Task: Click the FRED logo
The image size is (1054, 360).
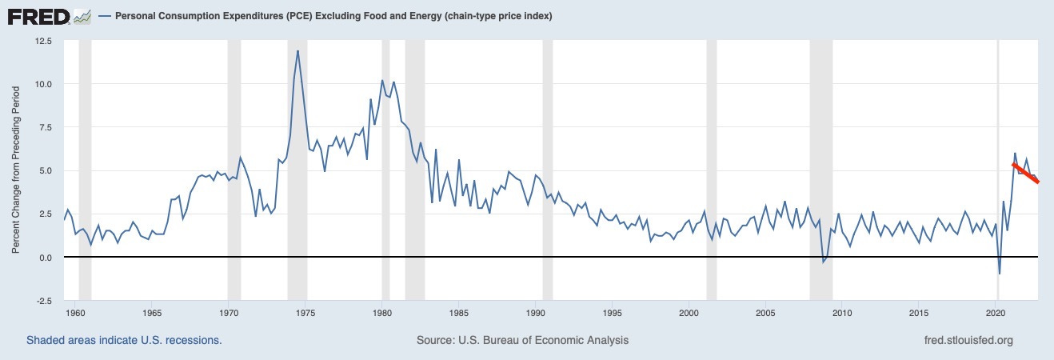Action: (x=37, y=16)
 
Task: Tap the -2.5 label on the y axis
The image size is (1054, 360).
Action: (x=42, y=301)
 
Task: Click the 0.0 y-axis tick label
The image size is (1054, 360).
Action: (x=45, y=258)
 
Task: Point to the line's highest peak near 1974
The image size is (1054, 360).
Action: (x=298, y=51)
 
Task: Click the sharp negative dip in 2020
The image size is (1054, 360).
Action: (x=1000, y=274)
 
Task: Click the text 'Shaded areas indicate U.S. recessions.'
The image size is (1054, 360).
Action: (x=124, y=341)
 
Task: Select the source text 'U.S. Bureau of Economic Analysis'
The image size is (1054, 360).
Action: (x=545, y=341)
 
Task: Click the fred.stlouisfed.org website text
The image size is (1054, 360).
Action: (x=968, y=341)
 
